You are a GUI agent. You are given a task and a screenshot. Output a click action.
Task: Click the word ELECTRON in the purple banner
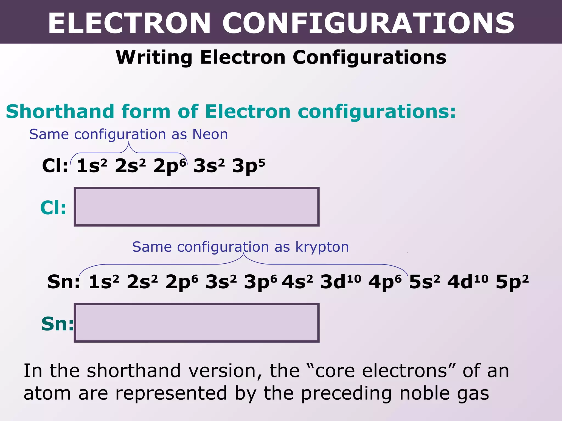pos(129,23)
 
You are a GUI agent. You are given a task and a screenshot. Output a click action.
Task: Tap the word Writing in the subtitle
pos(154,58)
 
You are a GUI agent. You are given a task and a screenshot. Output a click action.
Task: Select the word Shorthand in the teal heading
pos(60,112)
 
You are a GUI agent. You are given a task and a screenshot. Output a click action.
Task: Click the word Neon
pos(210,134)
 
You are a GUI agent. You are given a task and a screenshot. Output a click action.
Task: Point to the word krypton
pos(322,247)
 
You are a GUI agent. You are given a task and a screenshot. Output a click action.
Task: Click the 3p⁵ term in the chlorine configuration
pos(248,166)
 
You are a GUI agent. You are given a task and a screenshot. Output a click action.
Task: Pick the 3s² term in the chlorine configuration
pos(209,166)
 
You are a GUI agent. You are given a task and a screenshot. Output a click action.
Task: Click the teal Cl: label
pos(53,207)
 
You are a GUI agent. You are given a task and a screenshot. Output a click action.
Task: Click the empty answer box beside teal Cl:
pos(196,207)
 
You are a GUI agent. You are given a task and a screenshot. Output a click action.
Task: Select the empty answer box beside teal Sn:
pos(196,323)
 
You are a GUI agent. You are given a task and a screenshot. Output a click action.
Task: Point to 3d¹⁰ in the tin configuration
pos(341,282)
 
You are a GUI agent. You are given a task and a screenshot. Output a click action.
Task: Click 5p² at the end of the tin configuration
pos(512,282)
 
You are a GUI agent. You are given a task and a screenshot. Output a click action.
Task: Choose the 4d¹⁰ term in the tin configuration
pos(468,282)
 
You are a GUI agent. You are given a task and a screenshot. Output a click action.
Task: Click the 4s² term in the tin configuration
pos(297,282)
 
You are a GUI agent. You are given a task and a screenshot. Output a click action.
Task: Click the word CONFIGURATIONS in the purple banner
pos(368,23)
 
